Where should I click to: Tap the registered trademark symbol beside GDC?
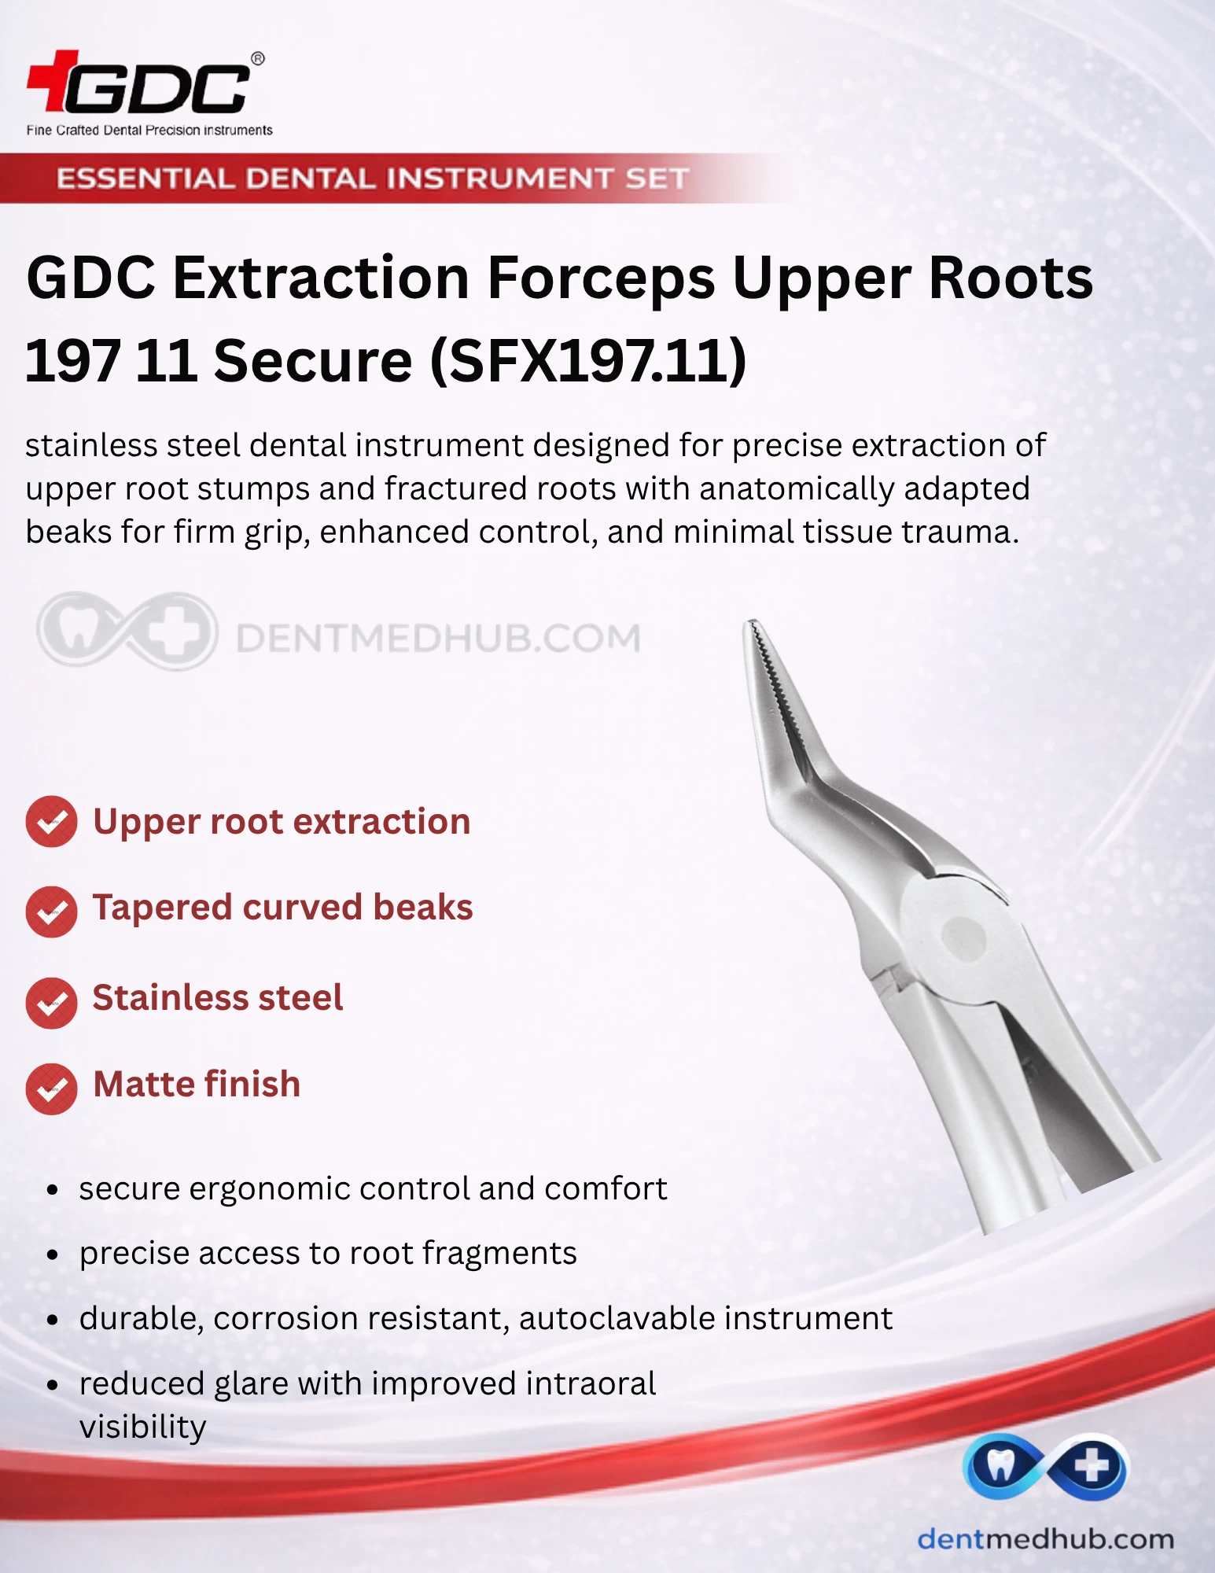tap(257, 58)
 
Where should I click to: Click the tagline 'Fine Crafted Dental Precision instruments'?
tap(149, 131)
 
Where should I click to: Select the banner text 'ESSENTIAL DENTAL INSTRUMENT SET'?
tap(372, 179)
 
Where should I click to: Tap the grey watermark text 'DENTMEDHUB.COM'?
tap(438, 638)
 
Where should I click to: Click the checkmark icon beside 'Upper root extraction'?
tap(51, 822)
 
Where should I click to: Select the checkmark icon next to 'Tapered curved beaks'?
tap(51, 912)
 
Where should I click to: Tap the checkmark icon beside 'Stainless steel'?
tap(51, 1003)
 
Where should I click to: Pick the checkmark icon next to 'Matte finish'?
tap(51, 1089)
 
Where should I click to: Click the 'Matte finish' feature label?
tap(197, 1084)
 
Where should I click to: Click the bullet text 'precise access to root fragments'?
tap(328, 1253)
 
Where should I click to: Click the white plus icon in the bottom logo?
tap(1092, 1466)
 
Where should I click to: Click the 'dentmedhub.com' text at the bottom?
tap(1045, 1538)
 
